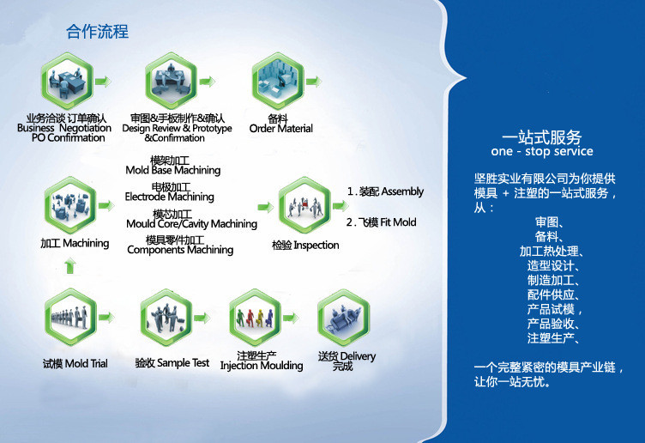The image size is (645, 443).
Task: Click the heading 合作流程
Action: click(97, 33)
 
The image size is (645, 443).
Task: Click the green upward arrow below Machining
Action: click(70, 265)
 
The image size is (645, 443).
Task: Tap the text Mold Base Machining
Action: click(172, 170)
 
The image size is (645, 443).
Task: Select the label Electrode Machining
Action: click(170, 197)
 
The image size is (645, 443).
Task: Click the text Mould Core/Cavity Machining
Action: click(191, 223)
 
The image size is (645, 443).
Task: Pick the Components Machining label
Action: click(180, 250)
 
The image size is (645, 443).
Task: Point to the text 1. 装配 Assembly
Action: click(385, 191)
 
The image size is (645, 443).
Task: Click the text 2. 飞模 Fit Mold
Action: click(382, 222)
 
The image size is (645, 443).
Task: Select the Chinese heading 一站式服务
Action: click(541, 137)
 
